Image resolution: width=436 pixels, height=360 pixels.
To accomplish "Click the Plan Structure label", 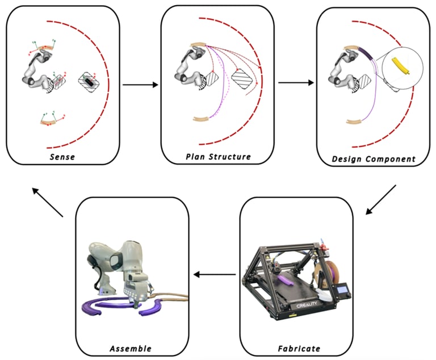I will point(218,157).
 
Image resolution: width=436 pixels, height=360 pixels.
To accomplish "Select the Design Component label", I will point(374,159).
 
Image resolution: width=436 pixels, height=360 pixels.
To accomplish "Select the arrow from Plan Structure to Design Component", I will point(295,82).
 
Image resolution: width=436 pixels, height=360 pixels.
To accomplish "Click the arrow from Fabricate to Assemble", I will point(215,275).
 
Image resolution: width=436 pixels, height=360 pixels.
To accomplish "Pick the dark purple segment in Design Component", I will point(366,55).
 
